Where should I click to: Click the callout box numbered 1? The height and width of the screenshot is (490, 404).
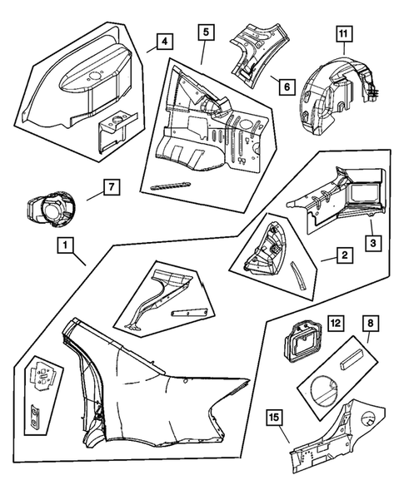66,245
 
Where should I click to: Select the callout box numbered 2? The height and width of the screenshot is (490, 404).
345,255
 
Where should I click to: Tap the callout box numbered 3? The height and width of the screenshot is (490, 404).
373,243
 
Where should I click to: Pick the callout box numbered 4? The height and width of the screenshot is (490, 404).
165,42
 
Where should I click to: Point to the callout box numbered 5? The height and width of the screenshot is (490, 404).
206,32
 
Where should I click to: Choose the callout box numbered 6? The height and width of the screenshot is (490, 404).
287,87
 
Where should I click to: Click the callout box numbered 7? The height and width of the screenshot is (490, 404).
112,187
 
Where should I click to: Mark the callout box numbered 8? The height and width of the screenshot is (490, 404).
370,324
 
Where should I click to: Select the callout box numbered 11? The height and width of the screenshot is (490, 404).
344,34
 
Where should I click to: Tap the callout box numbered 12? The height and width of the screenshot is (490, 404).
335,324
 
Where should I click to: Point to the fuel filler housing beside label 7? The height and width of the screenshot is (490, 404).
50,209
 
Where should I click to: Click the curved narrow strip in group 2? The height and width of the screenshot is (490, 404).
298,276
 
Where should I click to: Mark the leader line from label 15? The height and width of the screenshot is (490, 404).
283,434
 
